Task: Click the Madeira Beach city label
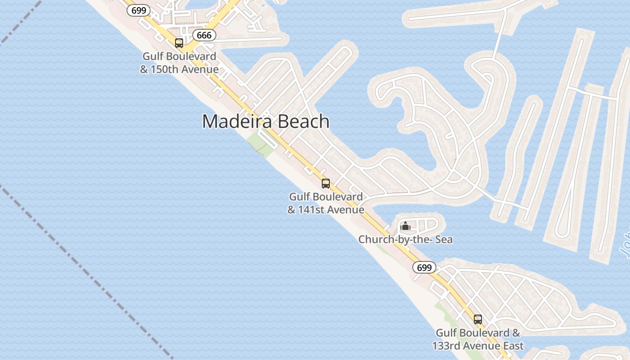coord(265,121)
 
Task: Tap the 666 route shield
coord(204,35)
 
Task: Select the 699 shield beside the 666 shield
coord(138,10)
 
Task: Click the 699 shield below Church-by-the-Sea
coord(424,268)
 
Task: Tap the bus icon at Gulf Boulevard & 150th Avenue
coord(179,43)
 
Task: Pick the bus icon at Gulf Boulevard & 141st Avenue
coord(326,184)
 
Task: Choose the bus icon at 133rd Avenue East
coord(478,319)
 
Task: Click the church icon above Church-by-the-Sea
coord(405,226)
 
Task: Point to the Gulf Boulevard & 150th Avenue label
coord(179,63)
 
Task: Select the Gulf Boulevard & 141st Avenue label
coord(326,203)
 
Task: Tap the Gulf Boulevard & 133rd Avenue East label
coord(478,339)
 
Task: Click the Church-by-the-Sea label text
coord(405,240)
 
